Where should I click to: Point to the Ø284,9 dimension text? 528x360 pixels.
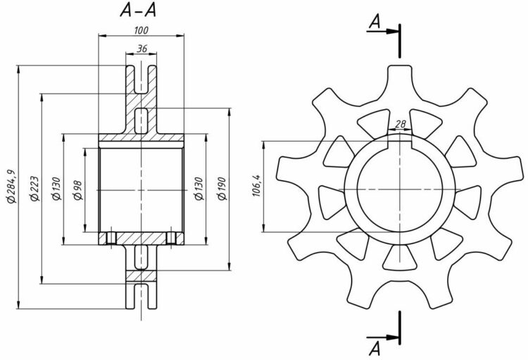click(x=10, y=187)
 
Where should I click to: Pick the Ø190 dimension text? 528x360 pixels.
click(x=222, y=187)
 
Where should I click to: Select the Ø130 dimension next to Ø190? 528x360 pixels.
click(x=199, y=187)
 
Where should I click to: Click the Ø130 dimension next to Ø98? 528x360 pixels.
click(x=56, y=187)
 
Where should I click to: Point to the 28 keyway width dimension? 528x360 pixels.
click(x=400, y=124)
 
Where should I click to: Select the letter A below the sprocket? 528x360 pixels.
click(x=375, y=346)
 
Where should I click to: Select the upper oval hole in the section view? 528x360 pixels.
click(x=142, y=120)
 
